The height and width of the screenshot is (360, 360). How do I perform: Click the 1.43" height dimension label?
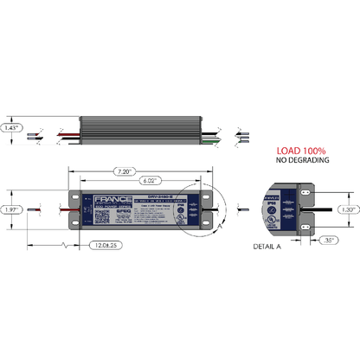pos(11,127)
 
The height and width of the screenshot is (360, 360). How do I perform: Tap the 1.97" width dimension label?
pos(11,209)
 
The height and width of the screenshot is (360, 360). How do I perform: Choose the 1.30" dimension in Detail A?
pos(347,209)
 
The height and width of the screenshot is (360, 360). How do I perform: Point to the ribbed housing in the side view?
pos(138,131)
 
